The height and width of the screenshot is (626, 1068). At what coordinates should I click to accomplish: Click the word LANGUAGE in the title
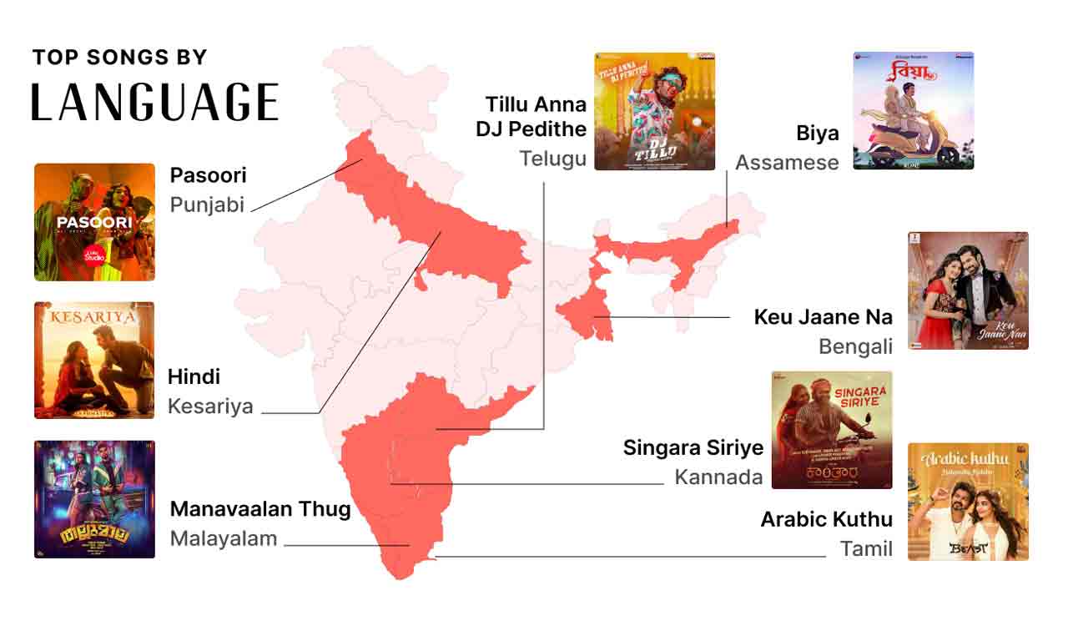[x=155, y=102]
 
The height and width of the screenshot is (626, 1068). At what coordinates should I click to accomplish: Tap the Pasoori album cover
[x=94, y=222]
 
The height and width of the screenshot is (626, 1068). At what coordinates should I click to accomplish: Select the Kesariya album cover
[x=94, y=360]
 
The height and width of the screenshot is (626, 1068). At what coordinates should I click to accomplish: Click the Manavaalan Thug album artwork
[x=94, y=499]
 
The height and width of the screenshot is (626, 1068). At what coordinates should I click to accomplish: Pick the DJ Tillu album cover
[x=654, y=112]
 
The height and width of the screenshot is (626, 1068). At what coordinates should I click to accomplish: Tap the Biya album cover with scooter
[x=913, y=110]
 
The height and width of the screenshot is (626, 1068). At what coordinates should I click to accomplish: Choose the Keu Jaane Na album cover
[x=967, y=290]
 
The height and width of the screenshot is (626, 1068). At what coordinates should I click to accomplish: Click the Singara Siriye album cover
[x=831, y=430]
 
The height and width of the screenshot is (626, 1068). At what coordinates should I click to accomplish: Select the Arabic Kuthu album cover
[x=967, y=502]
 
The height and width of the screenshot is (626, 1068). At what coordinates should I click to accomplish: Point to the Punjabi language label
[x=207, y=204]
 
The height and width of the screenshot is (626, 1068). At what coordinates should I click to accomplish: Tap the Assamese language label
[x=786, y=162]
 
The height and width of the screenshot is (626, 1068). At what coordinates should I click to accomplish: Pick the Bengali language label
[x=855, y=346]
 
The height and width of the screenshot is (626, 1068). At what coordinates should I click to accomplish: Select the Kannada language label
[x=718, y=477]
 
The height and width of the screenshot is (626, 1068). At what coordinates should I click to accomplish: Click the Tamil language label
[x=866, y=549]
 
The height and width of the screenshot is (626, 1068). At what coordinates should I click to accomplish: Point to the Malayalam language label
[x=223, y=538]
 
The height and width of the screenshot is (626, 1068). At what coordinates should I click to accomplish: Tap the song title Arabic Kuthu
[x=826, y=519]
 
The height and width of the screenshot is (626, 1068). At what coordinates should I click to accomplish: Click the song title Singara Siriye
[x=693, y=447]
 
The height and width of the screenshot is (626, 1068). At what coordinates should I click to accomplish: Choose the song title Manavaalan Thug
[x=260, y=509]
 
